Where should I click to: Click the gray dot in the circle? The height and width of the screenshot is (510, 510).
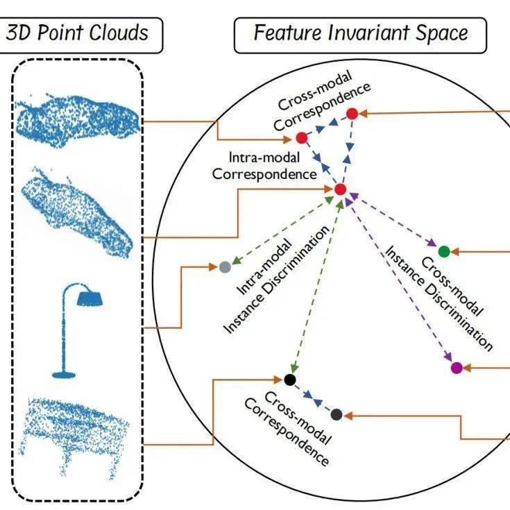(224, 267)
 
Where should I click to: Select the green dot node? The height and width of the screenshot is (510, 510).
(443, 251)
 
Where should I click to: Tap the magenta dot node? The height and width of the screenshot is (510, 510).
(456, 368)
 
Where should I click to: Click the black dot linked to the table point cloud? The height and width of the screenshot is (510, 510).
(290, 380)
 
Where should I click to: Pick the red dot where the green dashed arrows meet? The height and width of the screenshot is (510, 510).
(340, 189)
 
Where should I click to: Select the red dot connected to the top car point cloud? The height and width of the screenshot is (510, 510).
(301, 137)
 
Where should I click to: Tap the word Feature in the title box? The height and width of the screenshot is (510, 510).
(289, 33)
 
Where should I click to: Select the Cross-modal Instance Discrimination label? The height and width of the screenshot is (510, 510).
(437, 298)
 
